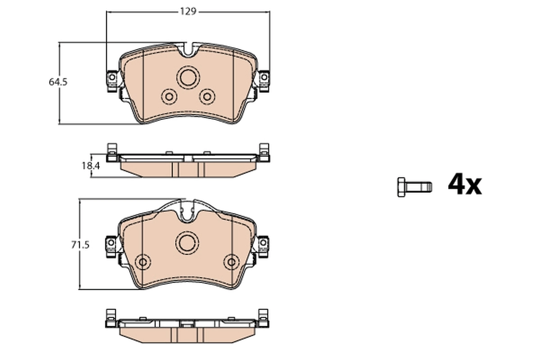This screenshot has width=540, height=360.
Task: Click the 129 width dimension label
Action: (x=189, y=12)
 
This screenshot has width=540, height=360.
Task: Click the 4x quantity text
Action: (x=464, y=184)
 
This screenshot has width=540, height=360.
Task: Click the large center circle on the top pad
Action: (x=187, y=77)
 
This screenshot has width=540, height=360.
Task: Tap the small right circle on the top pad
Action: (x=207, y=96)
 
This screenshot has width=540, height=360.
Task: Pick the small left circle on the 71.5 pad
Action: (x=143, y=262)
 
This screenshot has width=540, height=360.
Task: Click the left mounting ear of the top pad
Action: (x=112, y=80)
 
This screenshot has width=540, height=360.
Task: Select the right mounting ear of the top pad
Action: (x=263, y=80)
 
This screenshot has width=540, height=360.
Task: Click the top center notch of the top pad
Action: (x=189, y=49)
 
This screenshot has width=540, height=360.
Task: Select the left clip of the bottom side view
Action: (x=111, y=318)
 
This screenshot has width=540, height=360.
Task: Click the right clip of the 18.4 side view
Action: (x=264, y=152)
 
